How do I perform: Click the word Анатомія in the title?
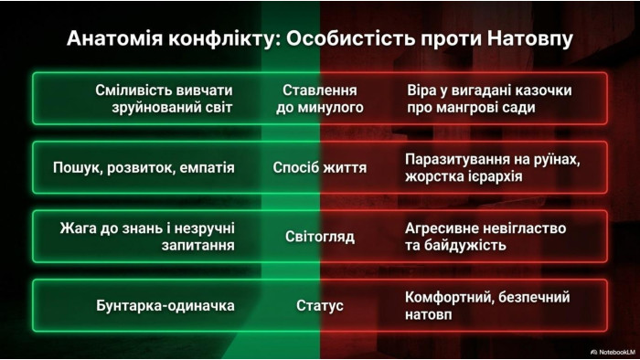tap(114, 38)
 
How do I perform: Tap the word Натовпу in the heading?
tap(529, 39)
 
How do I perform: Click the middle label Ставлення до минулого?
tap(320, 99)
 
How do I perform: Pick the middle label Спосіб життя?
tap(320, 167)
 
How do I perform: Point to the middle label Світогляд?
tap(320, 237)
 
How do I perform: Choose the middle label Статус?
tap(320, 305)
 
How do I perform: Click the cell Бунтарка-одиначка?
tap(165, 305)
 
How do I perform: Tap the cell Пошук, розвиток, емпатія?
tap(144, 168)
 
